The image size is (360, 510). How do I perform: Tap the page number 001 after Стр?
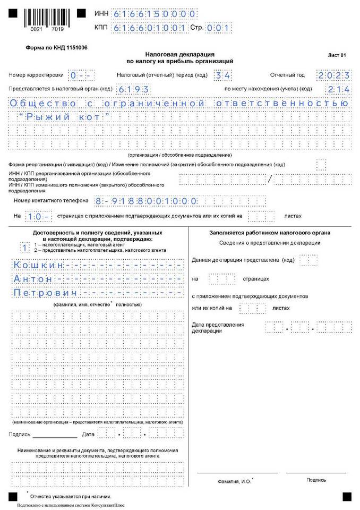pyautogui.click(x=218, y=27)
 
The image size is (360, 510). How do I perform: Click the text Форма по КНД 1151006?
pyautogui.click(x=57, y=47)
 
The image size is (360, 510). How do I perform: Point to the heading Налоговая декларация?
pyautogui.click(x=179, y=54)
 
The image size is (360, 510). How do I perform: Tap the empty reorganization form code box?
pyautogui.click(x=321, y=165)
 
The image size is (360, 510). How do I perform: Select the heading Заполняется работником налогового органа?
pyautogui.click(x=270, y=233)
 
